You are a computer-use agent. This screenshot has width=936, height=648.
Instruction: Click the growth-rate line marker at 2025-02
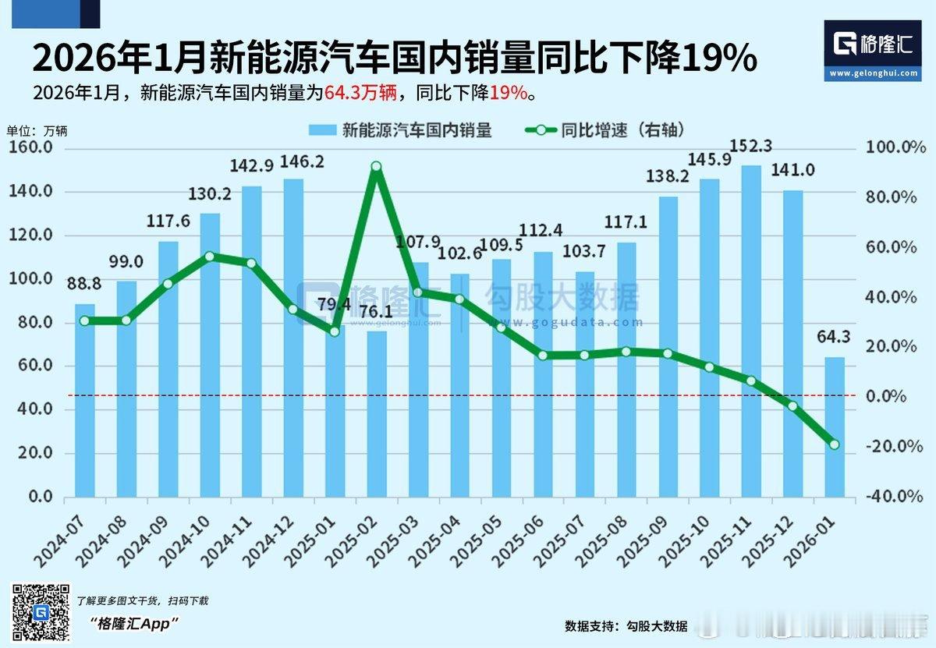coord(376,167)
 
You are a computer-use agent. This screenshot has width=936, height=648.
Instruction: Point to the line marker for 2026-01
coord(835,444)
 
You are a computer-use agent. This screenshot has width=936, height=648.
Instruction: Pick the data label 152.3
coord(751,147)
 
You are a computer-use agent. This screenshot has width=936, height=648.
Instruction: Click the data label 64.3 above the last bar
coord(835,338)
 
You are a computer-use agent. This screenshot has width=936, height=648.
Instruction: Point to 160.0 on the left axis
coord(30,147)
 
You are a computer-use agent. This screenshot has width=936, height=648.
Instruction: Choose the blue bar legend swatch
coord(322,130)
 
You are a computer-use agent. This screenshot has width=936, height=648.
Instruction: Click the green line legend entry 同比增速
coord(604,130)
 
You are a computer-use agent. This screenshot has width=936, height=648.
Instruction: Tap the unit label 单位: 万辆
coord(37,130)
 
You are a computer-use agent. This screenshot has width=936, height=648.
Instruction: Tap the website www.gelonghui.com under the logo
coord(873,73)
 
